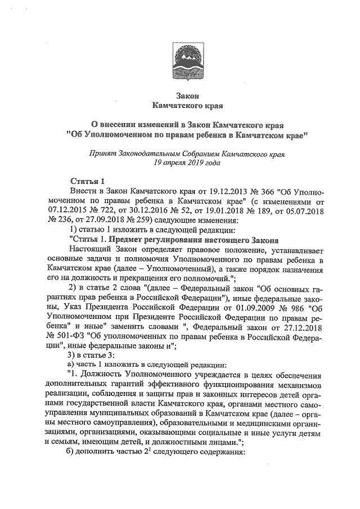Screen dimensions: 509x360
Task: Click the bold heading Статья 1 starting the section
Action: [87, 181]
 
